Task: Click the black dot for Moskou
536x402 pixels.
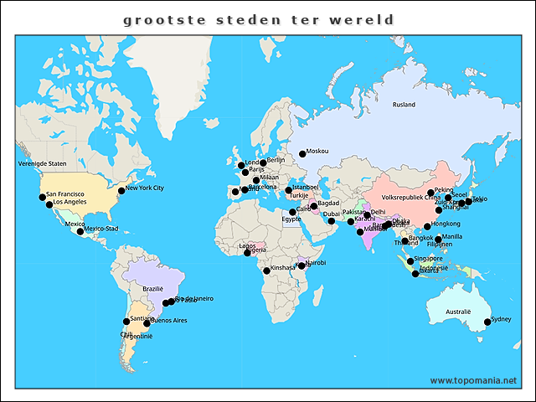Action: click(x=302, y=153)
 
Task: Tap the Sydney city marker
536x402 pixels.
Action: click(x=487, y=322)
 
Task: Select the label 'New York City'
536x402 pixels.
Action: click(x=145, y=188)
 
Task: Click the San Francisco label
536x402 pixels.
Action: click(x=65, y=194)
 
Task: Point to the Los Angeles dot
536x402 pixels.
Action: click(x=49, y=204)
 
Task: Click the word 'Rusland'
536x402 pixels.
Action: click(x=404, y=105)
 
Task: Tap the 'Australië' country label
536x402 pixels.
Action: click(x=458, y=311)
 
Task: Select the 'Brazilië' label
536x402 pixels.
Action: click(x=153, y=288)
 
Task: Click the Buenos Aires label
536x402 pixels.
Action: click(x=169, y=321)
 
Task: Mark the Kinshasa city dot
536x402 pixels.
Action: click(x=267, y=271)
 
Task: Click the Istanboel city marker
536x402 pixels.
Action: click(x=287, y=190)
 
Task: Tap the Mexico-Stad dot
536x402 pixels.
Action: click(x=80, y=231)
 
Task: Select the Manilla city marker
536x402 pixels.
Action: click(x=438, y=240)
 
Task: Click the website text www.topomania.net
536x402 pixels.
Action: click(x=473, y=380)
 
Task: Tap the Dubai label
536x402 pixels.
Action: click(x=332, y=214)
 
